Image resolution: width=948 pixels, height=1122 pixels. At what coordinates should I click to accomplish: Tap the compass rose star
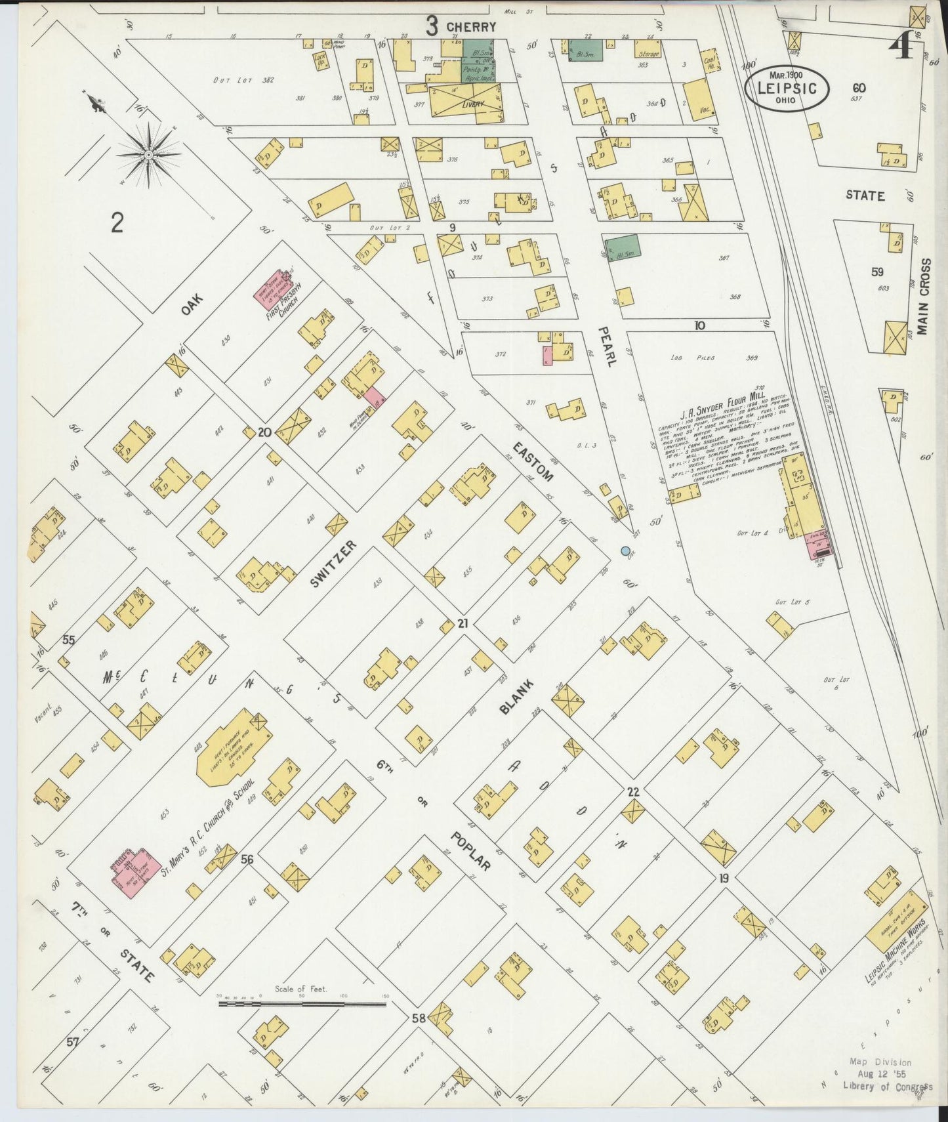[x=149, y=155]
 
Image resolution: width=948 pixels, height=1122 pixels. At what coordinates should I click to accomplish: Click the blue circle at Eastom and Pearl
[x=625, y=551]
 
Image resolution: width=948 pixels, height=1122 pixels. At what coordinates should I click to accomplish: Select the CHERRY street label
[x=470, y=27]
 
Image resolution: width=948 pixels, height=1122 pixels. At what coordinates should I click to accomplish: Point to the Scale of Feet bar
[x=302, y=1003]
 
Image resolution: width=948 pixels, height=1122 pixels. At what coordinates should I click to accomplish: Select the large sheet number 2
[x=117, y=224]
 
